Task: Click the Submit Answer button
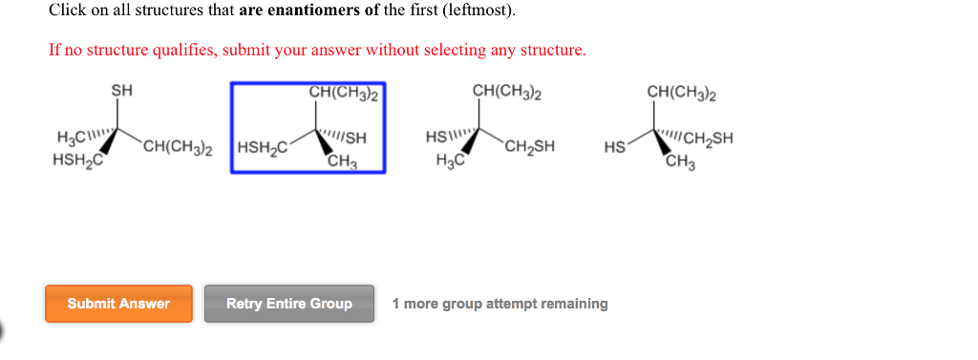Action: [118, 304]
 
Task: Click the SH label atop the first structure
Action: [122, 91]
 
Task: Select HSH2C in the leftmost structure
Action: [77, 159]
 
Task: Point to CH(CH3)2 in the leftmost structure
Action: [178, 148]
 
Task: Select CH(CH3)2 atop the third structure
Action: [507, 92]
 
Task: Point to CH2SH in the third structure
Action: [530, 148]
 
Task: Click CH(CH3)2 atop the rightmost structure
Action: [682, 92]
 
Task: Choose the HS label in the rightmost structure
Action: [615, 148]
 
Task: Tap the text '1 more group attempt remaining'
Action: [500, 304]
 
